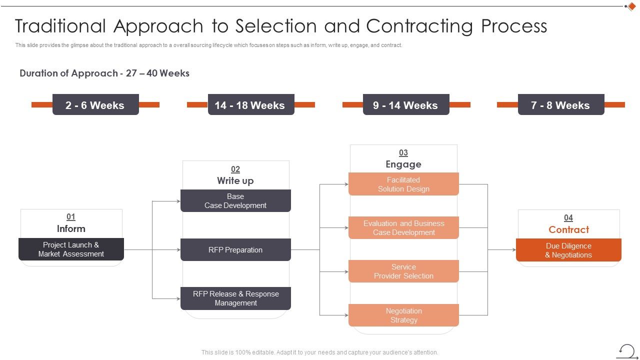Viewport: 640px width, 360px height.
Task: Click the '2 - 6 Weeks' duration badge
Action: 95,105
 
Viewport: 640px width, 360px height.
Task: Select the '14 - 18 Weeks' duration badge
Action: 250,105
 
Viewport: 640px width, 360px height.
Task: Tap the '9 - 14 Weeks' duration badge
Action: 405,105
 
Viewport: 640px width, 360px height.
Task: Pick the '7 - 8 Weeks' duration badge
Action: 560,105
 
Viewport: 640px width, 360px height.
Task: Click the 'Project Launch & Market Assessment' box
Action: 71,249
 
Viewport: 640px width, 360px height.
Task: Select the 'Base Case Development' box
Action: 235,201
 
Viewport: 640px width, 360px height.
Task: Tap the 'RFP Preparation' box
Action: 235,250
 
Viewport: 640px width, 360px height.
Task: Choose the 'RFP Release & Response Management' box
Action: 235,298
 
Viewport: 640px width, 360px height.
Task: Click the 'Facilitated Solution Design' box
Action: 403,184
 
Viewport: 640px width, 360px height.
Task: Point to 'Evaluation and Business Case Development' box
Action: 403,228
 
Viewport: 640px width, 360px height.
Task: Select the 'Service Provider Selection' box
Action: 403,271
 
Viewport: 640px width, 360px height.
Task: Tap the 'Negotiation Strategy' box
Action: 403,315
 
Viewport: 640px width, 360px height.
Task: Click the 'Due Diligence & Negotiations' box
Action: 568,250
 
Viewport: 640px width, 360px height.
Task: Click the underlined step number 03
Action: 403,153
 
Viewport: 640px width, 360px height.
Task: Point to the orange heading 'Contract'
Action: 568,229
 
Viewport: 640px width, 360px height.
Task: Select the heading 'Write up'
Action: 235,180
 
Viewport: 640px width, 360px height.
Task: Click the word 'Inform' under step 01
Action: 71,228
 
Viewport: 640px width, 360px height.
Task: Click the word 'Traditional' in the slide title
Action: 60,26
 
